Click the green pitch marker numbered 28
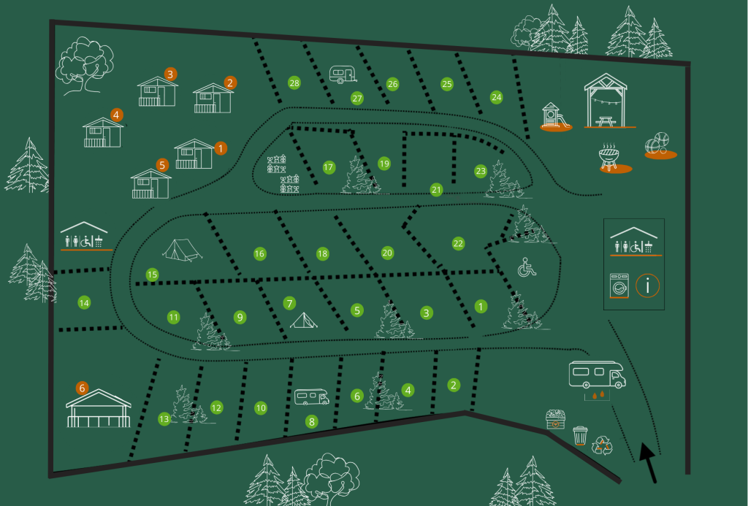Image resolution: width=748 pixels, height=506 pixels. [x=294, y=83]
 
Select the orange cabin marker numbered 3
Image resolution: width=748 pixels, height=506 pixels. [x=170, y=74]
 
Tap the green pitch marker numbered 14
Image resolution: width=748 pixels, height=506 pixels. [x=84, y=302]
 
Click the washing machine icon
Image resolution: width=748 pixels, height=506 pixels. [x=619, y=285]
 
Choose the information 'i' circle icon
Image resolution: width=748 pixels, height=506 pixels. [x=648, y=285]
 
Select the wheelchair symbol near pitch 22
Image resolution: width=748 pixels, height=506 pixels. [x=527, y=267]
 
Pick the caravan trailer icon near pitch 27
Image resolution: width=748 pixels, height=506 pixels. [x=343, y=74]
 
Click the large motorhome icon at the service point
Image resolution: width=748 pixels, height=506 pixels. [x=597, y=374]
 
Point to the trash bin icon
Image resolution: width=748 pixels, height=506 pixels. [x=580, y=435]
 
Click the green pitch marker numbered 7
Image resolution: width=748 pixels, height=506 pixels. [x=289, y=302]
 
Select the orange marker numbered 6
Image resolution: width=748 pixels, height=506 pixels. [x=83, y=388]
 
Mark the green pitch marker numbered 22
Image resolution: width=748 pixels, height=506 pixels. [x=458, y=242]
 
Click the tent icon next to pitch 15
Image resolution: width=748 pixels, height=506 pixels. [x=182, y=250]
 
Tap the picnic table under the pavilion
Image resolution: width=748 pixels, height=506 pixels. [x=605, y=120]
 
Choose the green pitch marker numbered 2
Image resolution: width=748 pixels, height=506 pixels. [x=454, y=384]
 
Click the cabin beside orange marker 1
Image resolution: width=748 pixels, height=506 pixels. [x=194, y=154]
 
